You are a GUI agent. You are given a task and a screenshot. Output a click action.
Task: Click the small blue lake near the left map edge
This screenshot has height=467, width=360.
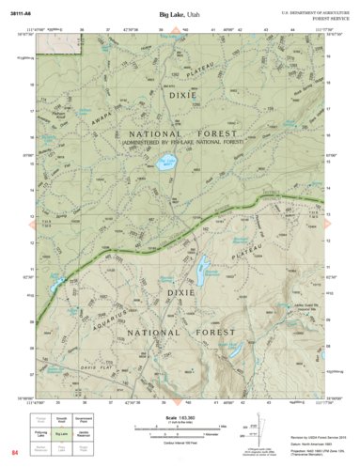point(53,282)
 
